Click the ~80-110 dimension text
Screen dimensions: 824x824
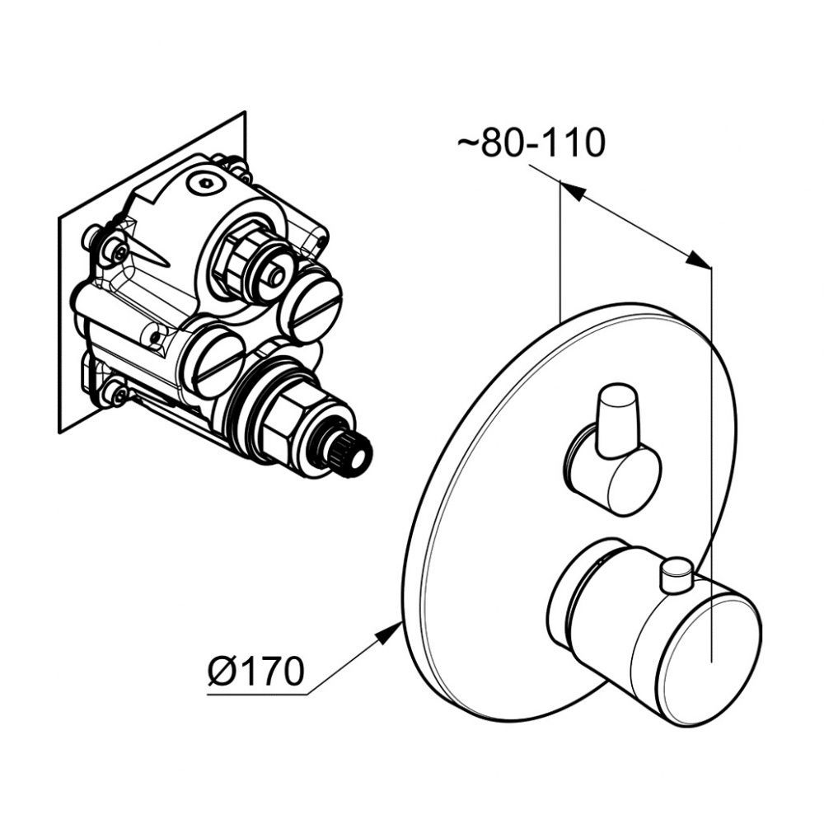(x=531, y=143)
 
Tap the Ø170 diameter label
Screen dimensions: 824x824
(x=256, y=671)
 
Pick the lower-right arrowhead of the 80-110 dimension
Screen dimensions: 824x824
(x=699, y=259)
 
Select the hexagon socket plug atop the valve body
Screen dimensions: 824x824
(x=206, y=184)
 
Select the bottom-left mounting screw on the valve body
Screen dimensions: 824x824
(x=115, y=393)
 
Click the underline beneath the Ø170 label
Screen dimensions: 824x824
(x=257, y=695)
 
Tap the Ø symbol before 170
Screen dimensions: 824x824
(x=220, y=671)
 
